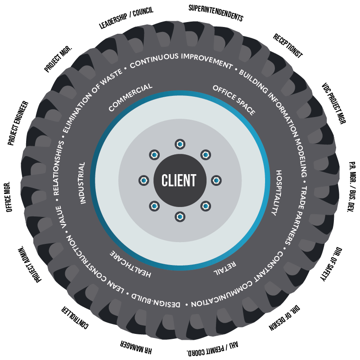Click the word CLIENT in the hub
pos(179,180)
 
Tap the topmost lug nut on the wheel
pos(180,144)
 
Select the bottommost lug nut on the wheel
pos(180,217)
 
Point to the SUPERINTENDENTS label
pos(216,13)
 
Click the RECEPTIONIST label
pos(288,46)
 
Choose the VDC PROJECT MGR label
pos(333,103)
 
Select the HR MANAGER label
pos(136,347)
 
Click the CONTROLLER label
pos(75,318)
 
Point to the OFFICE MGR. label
pos(8,197)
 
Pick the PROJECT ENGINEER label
pos(18,123)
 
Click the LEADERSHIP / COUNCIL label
pos(126,18)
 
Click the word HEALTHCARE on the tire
pos(130,264)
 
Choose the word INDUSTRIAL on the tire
pos(82,183)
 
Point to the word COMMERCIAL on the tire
pos(130,97)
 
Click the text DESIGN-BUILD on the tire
pos(156,300)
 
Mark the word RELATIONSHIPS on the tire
pos(58,168)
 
